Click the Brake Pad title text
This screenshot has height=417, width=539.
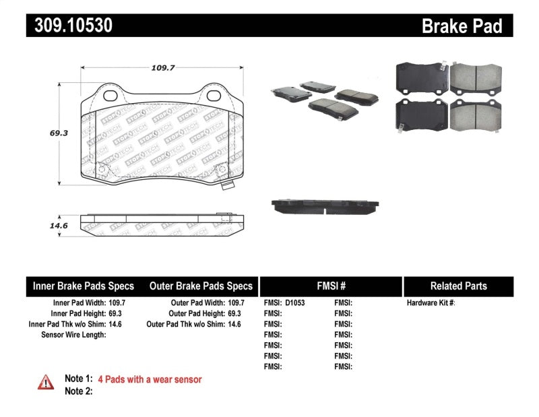[462, 26]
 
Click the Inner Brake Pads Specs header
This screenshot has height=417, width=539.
[84, 286]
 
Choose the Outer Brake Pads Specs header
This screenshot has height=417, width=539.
[201, 286]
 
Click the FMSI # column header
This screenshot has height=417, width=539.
[330, 286]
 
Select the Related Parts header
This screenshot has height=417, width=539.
[458, 286]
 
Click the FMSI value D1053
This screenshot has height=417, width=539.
[294, 303]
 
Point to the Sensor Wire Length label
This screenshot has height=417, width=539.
[74, 335]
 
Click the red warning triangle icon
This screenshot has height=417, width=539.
[45, 382]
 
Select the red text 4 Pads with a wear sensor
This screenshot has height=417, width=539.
[150, 379]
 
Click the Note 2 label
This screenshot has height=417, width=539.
[77, 391]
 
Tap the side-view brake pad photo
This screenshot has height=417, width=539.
[325, 205]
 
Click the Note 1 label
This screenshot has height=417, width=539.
[77, 379]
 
